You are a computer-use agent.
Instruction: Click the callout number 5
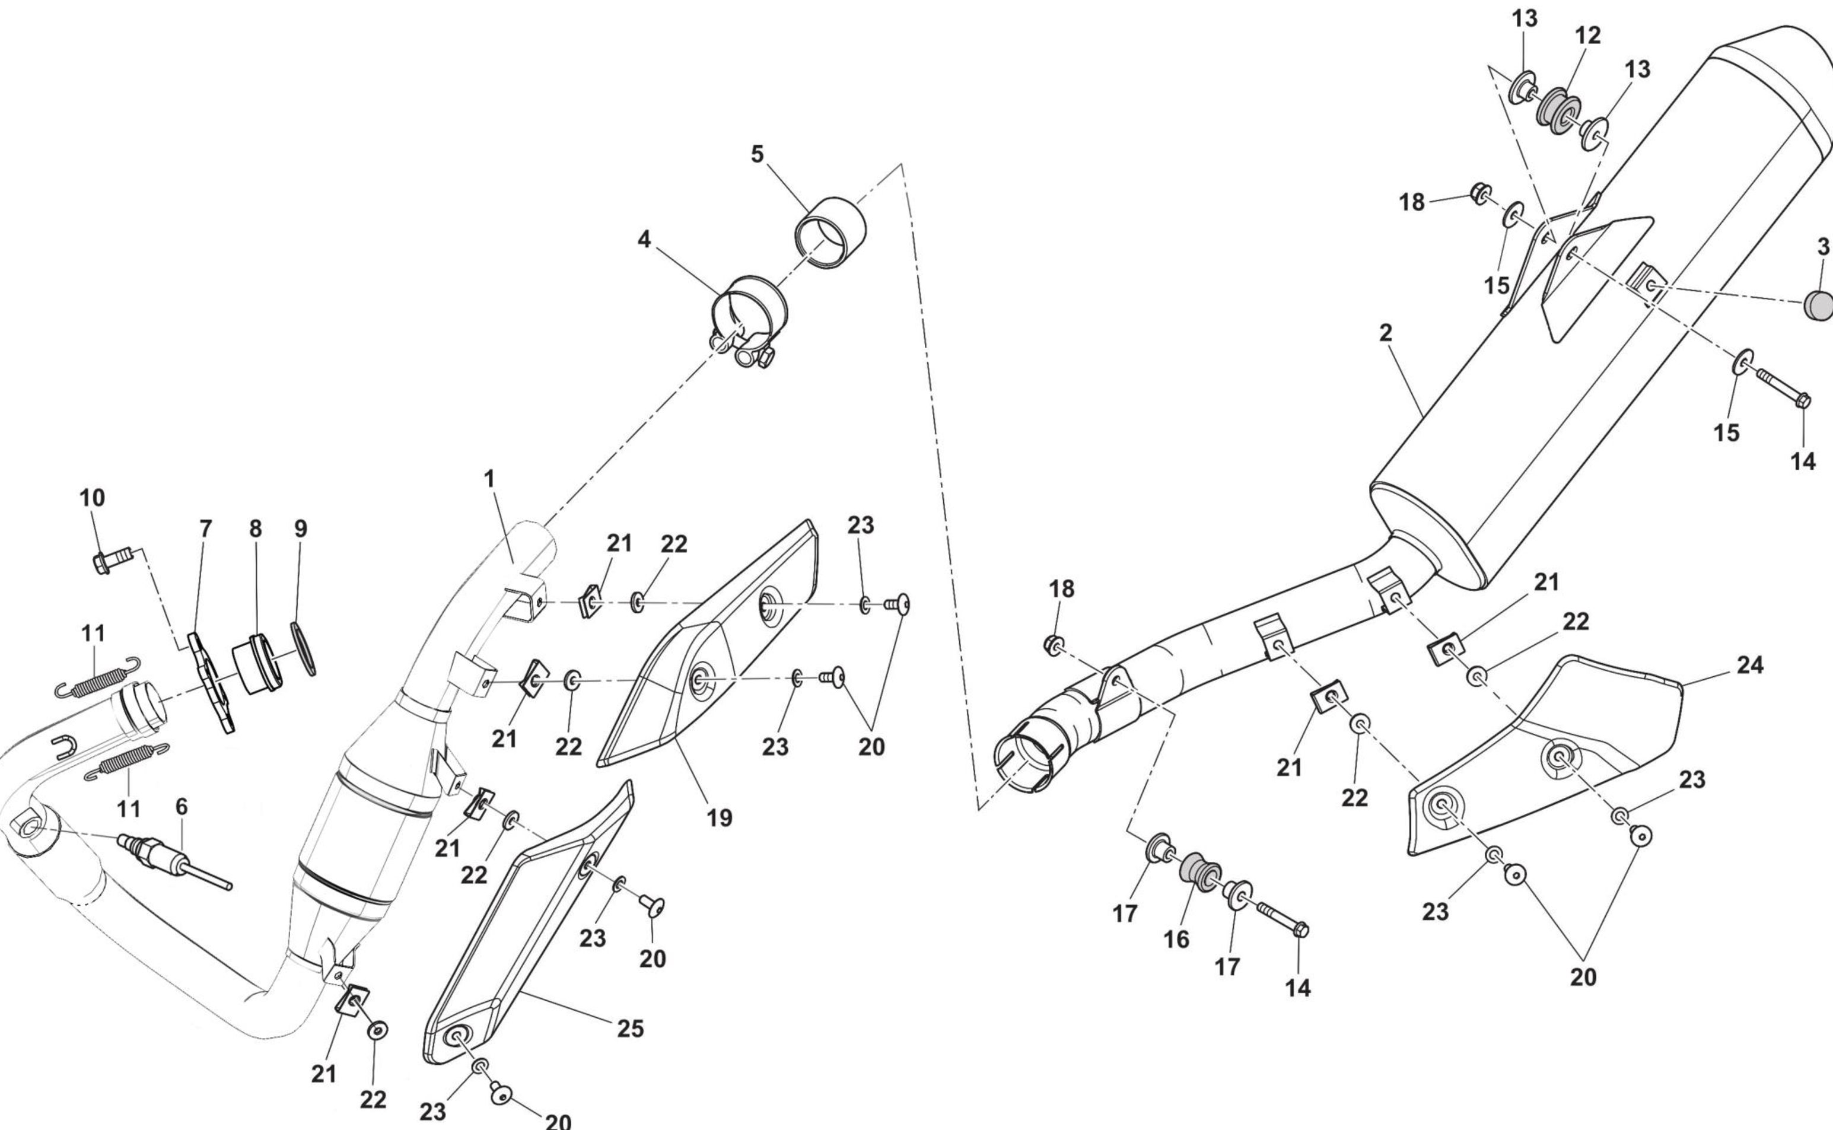757,155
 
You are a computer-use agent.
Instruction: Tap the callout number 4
644,240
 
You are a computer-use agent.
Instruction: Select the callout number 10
93,498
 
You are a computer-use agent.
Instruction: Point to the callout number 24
1750,665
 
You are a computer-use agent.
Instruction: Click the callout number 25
630,1029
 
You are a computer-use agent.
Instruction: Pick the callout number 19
720,819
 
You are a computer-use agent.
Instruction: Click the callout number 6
182,807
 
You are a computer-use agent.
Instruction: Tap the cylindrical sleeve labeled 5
831,222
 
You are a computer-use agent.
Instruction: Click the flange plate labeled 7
211,682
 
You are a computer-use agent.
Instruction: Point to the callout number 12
1588,35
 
